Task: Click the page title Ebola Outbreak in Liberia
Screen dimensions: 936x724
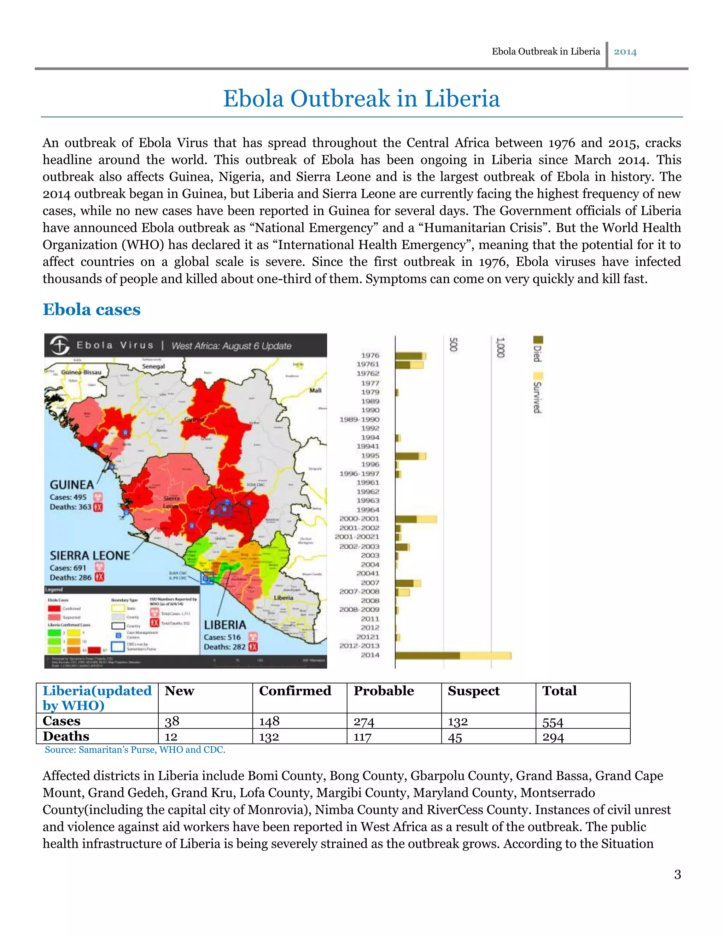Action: point(361,99)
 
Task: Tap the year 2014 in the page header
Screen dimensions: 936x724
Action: point(625,52)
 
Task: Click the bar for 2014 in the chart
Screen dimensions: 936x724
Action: point(452,655)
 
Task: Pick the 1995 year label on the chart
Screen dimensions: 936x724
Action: point(370,456)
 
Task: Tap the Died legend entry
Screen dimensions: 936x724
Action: point(538,349)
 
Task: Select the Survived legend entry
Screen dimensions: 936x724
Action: point(538,392)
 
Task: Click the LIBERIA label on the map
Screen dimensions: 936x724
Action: point(225,625)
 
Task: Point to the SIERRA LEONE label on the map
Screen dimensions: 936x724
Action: point(90,556)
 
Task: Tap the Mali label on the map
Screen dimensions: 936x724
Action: point(315,390)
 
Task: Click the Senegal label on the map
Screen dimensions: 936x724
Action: point(153,366)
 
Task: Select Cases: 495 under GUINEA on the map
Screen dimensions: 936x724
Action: point(68,497)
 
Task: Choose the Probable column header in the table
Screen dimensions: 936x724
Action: point(384,691)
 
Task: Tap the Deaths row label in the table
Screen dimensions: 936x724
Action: point(66,736)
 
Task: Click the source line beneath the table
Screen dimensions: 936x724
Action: point(135,750)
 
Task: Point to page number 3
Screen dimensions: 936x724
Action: point(677,874)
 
